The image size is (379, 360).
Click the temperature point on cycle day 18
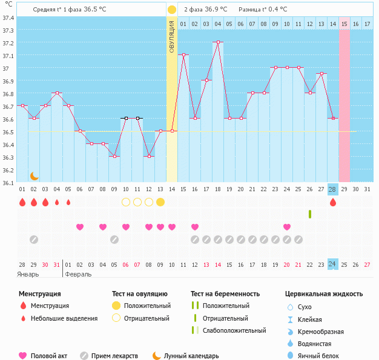[x=217, y=42]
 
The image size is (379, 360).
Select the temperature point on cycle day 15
[x=183, y=55]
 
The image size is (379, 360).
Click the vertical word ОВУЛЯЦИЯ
[x=172, y=36]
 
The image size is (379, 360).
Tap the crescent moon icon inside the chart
[x=35, y=176]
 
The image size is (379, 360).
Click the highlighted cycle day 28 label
[x=332, y=189]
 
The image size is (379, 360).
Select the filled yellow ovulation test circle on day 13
[x=160, y=202]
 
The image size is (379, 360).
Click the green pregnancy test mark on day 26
[x=309, y=214]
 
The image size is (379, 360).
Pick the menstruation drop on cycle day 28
[x=332, y=203]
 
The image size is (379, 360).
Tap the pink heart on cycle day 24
[x=286, y=227]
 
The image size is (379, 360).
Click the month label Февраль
[x=78, y=273]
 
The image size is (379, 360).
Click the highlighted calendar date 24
[x=332, y=264]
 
